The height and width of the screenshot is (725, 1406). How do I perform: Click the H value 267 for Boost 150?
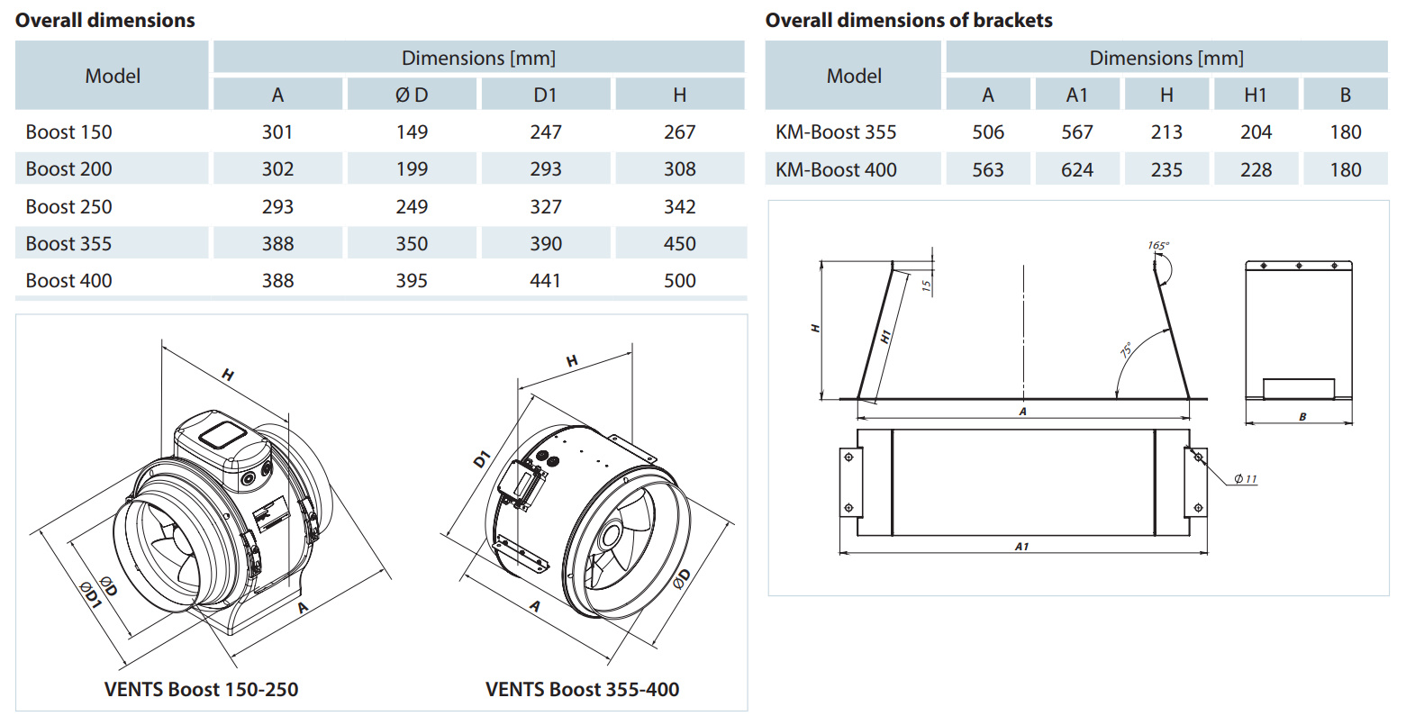[x=679, y=132]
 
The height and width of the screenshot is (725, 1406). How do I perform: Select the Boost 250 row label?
[x=69, y=206]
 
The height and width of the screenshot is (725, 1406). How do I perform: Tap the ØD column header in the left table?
[x=412, y=95]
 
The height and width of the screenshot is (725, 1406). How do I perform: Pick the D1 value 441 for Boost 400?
[x=545, y=281]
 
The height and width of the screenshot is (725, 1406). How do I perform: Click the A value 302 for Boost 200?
[x=277, y=169]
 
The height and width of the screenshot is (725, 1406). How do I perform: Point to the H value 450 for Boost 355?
[x=679, y=244]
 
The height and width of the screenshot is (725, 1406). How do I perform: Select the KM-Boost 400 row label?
[x=836, y=169]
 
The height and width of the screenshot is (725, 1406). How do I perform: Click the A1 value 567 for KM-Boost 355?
[x=1076, y=132]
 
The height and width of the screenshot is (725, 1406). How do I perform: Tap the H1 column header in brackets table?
[x=1255, y=95]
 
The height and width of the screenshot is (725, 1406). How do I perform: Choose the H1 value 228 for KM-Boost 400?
[x=1255, y=169]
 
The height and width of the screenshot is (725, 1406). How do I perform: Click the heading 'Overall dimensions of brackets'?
[x=908, y=20]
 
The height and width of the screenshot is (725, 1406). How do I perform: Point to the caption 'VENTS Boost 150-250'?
[x=201, y=690]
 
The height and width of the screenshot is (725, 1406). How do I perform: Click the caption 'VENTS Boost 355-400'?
[x=582, y=690]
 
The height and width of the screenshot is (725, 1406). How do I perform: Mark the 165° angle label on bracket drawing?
[x=1158, y=245]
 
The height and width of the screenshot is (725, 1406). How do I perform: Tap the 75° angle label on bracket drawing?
[x=1126, y=349]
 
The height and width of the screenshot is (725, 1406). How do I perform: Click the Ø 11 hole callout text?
[x=1245, y=478]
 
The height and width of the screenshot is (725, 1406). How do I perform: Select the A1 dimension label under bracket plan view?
[x=1021, y=546]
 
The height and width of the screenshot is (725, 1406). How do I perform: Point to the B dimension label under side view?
[x=1302, y=417]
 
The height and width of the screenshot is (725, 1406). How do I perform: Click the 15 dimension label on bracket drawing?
[x=926, y=285]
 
